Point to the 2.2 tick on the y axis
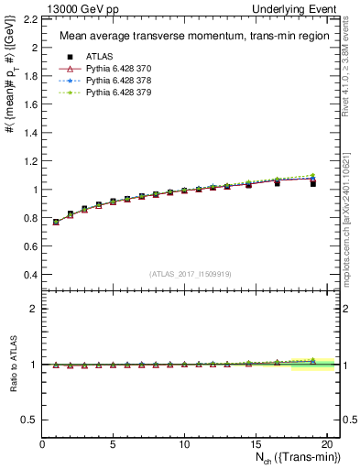(x=31, y=18)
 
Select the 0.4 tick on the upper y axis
(x=31, y=275)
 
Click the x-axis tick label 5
(x=113, y=444)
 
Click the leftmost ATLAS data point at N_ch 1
(x=57, y=222)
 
